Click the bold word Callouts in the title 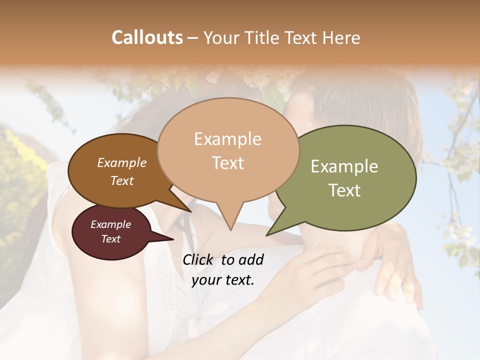coord(147,37)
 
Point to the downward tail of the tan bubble coord(229,220)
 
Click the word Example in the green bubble coord(344,166)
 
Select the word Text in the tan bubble coord(227,163)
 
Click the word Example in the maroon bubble coord(110,224)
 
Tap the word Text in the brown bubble coord(121,180)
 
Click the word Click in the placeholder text coord(198,259)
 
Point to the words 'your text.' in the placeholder coord(223,280)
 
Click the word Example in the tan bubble coord(227,139)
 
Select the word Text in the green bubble coord(345,190)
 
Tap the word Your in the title coord(222,37)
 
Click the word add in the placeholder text coord(251,259)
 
